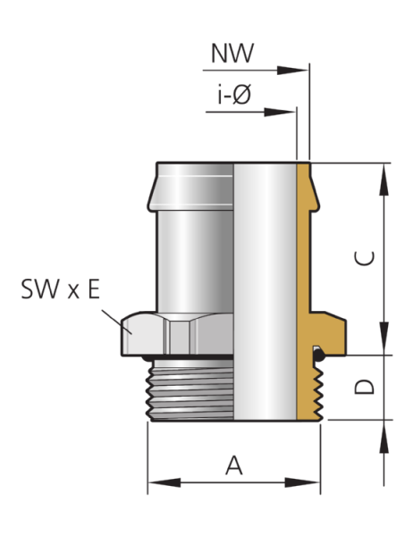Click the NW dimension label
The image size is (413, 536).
232,54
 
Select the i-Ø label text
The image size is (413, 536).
234,95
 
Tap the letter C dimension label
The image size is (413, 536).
365,258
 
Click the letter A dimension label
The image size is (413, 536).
234,465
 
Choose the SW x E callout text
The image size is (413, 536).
60,289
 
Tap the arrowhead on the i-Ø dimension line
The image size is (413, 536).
280,113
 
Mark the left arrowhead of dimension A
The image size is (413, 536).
164,482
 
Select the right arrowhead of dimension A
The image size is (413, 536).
303,482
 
